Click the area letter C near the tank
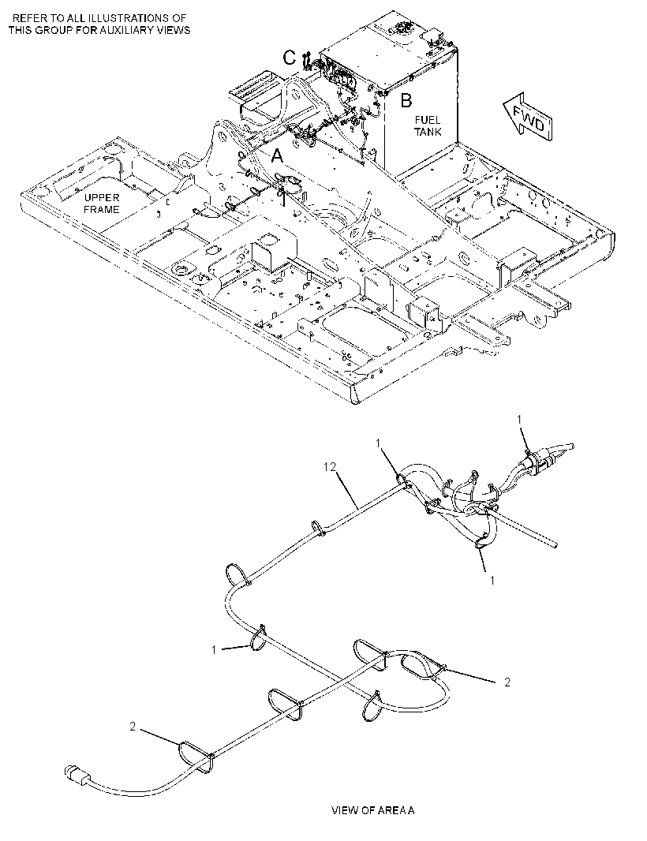[x=289, y=58]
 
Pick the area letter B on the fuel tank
[x=406, y=100]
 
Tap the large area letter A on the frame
[x=277, y=156]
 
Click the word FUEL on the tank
[x=427, y=120]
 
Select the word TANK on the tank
[x=428, y=132]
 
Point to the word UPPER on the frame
[x=102, y=199]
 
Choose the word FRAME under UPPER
[x=102, y=210]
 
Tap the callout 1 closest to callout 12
[x=378, y=443]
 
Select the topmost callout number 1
[x=518, y=418]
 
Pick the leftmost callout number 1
[x=214, y=651]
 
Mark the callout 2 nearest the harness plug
[x=133, y=727]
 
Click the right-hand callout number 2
[x=507, y=682]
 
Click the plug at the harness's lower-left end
[x=75, y=774]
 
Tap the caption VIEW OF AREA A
[x=373, y=810]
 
